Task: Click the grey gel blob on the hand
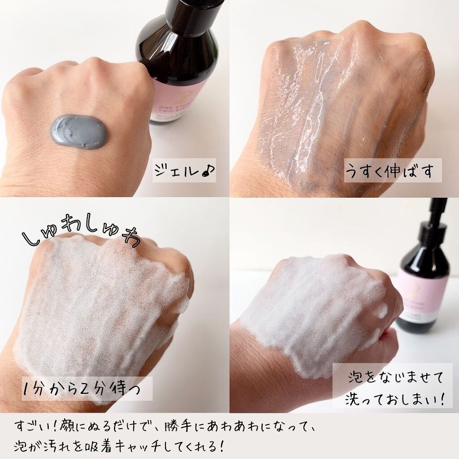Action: (x=81, y=133)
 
